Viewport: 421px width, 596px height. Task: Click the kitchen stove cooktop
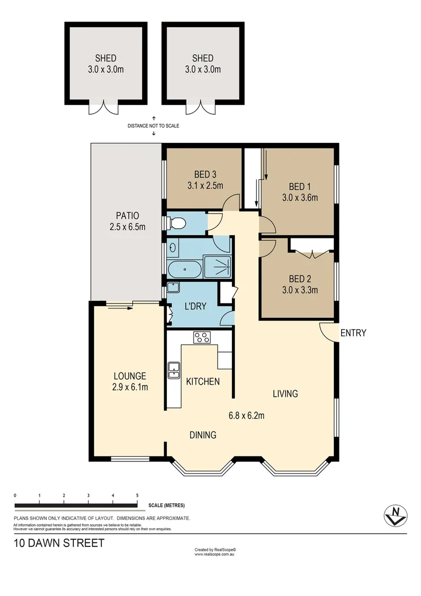(x=202, y=337)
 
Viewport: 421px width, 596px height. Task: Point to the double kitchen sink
(x=174, y=370)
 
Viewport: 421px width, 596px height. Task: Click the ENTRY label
(x=353, y=333)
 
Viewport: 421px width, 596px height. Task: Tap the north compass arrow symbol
(x=395, y=515)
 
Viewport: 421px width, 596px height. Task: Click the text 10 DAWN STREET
(x=59, y=544)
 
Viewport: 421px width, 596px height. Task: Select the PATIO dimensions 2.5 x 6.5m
(x=127, y=226)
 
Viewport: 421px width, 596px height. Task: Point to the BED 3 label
(x=204, y=174)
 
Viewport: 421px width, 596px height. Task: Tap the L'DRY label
(x=195, y=306)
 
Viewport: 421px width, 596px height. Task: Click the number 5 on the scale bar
(x=137, y=495)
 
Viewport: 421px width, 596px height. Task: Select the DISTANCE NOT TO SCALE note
(x=153, y=126)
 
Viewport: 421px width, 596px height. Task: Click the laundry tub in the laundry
(x=173, y=288)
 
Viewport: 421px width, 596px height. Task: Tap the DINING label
(x=202, y=435)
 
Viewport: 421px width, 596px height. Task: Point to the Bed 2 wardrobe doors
(x=312, y=254)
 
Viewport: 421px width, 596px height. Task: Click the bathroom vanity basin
(x=173, y=248)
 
